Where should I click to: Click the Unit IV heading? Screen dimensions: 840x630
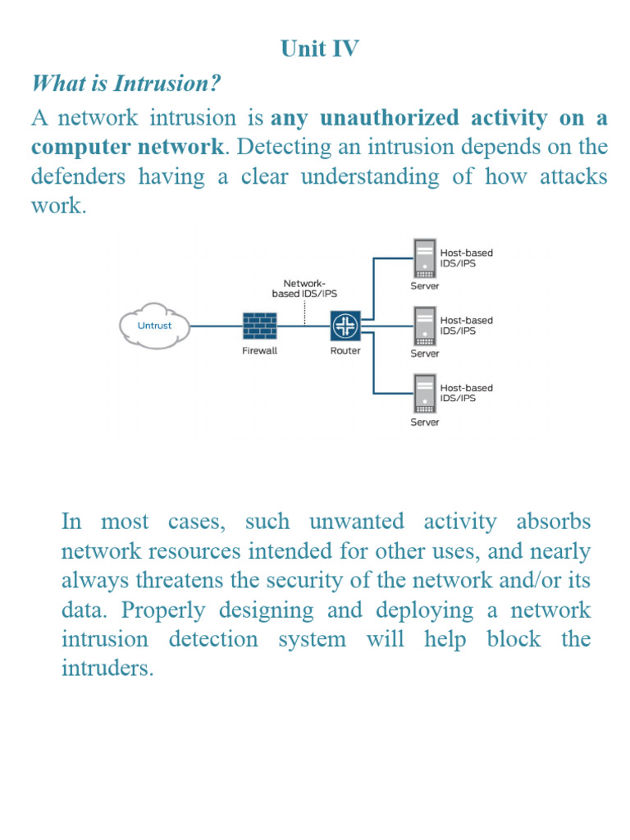point(319,49)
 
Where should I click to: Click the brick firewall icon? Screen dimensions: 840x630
point(259,326)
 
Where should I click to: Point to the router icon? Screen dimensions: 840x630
point(343,326)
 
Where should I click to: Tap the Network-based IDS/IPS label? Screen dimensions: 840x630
point(304,287)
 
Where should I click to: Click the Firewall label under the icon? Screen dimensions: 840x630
point(259,350)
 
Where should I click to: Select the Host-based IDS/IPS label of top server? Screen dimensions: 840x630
point(467,258)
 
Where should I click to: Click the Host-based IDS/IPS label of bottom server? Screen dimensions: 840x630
point(467,392)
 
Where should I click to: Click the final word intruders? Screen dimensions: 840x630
point(107,669)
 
